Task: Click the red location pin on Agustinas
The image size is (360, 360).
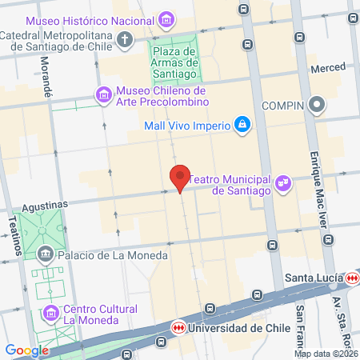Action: (x=180, y=177)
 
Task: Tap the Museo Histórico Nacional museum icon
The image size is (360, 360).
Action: (x=166, y=18)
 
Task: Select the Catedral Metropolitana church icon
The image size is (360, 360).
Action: (x=125, y=38)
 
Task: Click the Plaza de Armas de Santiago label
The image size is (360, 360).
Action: (x=174, y=63)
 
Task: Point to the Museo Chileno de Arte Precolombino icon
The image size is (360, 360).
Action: (x=104, y=96)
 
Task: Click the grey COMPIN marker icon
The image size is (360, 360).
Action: (x=318, y=105)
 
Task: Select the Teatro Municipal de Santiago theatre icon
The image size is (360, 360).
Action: (x=282, y=185)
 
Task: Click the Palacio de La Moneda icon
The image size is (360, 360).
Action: (x=45, y=255)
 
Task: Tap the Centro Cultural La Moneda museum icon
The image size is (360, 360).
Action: (x=51, y=311)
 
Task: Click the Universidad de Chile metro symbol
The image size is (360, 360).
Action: (x=178, y=327)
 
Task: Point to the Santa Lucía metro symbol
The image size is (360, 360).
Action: (x=354, y=278)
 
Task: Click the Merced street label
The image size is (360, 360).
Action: (x=327, y=70)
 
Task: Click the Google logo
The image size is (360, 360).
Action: (x=26, y=350)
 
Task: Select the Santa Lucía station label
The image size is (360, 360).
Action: (x=314, y=278)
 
